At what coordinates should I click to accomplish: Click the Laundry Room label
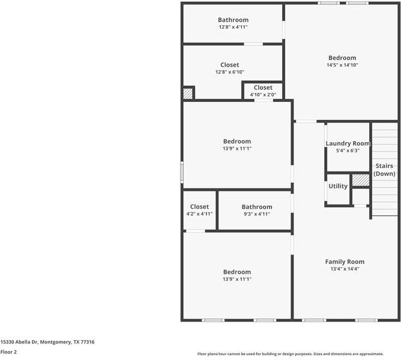tap(348, 143)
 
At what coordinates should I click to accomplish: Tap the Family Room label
tap(345, 262)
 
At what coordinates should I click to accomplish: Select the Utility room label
tap(338, 186)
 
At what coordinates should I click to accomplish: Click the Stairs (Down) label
tap(384, 170)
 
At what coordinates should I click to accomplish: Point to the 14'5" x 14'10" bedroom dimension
tap(342, 65)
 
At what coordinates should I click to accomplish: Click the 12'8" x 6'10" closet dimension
tap(230, 72)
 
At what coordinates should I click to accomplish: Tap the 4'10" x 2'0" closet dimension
tap(263, 95)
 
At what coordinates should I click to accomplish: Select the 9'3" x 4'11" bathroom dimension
tap(257, 214)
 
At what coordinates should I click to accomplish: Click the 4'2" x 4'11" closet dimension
tap(199, 214)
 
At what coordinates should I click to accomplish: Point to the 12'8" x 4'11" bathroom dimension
tap(234, 27)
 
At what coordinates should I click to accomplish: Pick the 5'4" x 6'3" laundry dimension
tap(348, 151)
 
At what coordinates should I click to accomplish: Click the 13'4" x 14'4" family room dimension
tap(345, 269)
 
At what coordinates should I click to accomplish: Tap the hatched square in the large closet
tap(188, 94)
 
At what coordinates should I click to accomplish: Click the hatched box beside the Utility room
tap(361, 180)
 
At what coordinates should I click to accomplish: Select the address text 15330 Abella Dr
tap(19, 342)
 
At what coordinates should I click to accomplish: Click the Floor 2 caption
tap(8, 352)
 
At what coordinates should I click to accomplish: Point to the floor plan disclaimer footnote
tap(291, 354)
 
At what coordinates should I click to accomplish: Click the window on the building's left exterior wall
tap(182, 172)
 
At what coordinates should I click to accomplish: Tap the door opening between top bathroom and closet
tap(253, 44)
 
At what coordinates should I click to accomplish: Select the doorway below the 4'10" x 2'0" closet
tap(264, 100)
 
